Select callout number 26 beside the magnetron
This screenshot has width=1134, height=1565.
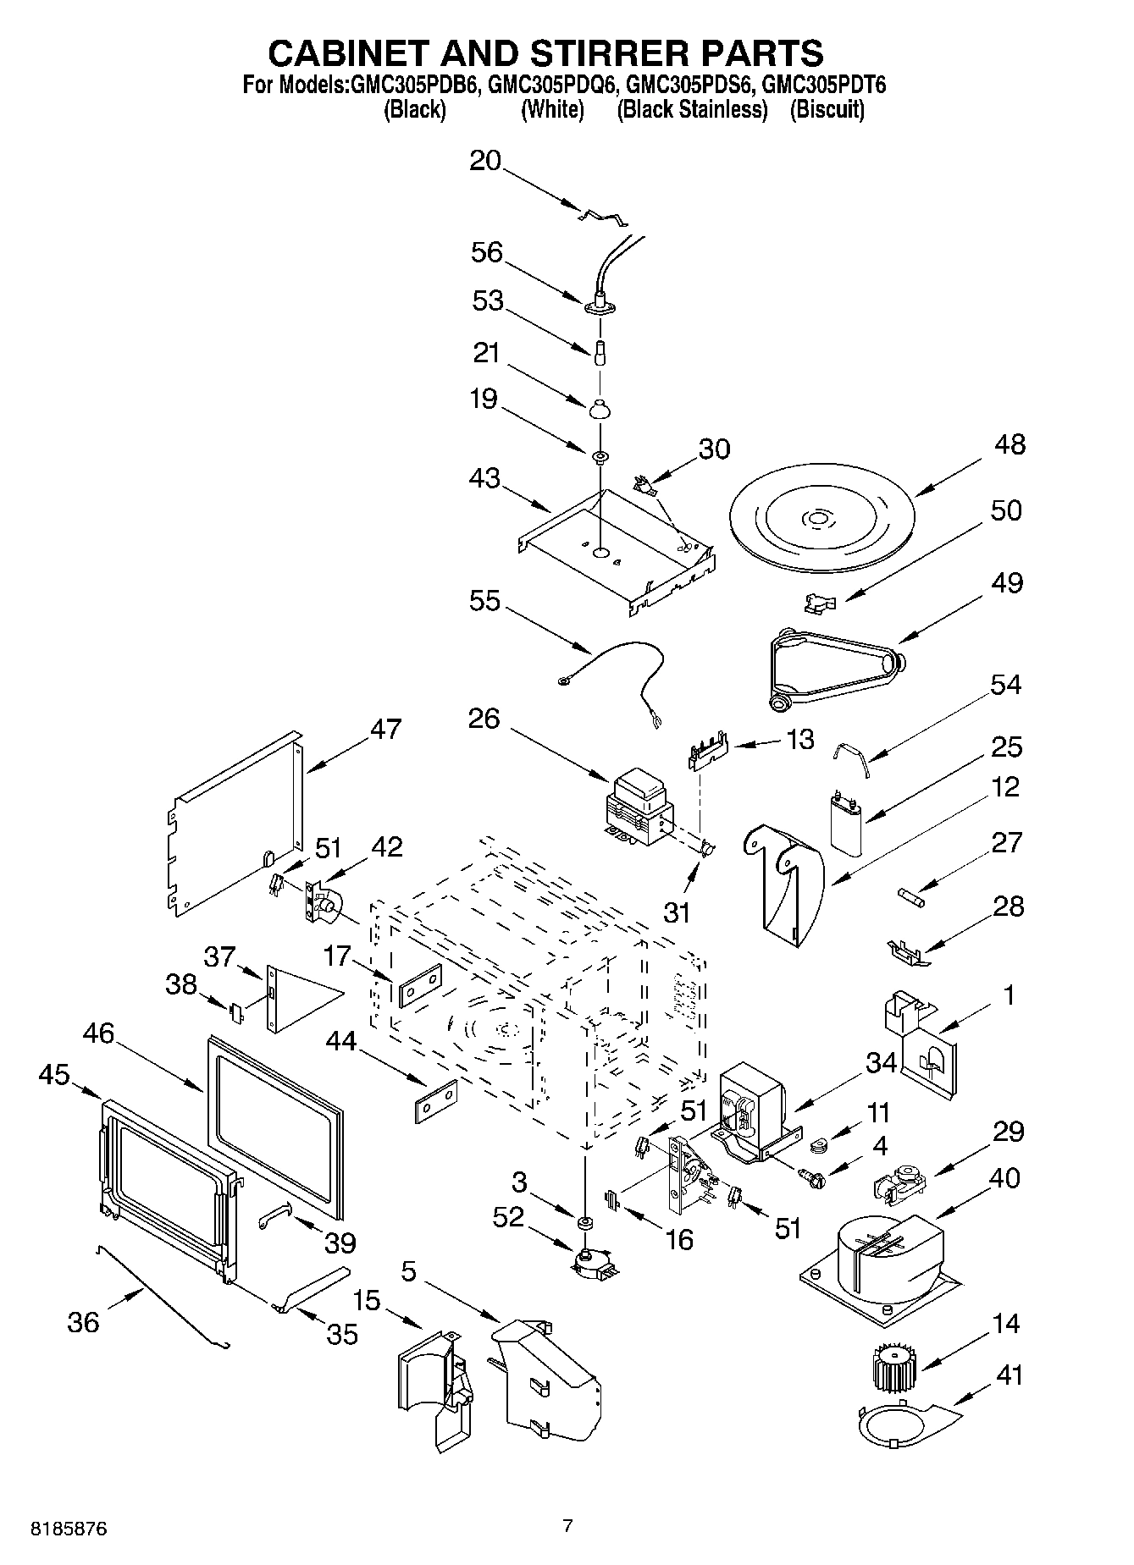tap(484, 719)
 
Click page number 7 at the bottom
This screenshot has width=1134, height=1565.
tap(567, 1526)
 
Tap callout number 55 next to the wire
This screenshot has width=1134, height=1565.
tap(484, 601)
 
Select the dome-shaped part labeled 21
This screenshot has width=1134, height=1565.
tap(599, 409)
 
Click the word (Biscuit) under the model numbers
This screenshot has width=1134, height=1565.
tap(827, 110)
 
